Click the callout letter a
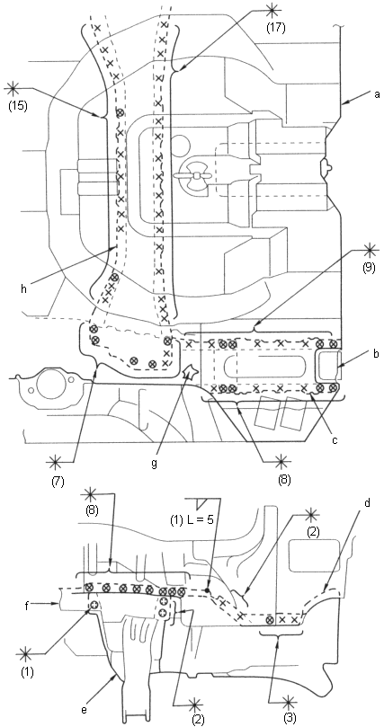click(x=377, y=94)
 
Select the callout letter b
click(x=377, y=355)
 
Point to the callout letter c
click(x=335, y=439)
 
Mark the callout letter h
click(x=23, y=288)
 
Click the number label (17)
click(x=275, y=27)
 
